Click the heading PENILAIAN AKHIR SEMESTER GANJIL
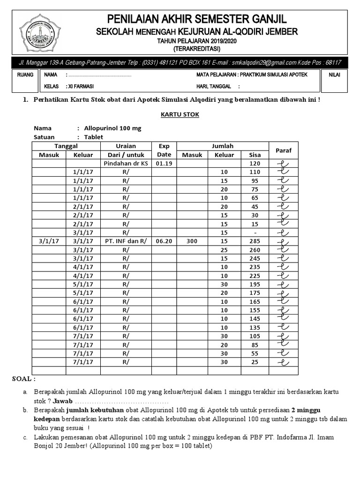(x=197, y=19)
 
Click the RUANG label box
(x=25, y=75)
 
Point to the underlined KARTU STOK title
(x=174, y=114)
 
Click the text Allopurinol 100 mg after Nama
(x=112, y=128)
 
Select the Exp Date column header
(x=164, y=150)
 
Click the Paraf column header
(x=283, y=150)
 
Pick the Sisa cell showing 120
(x=255, y=164)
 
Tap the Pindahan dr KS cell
(x=125, y=164)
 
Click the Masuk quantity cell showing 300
(x=192, y=241)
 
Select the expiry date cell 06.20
(x=164, y=241)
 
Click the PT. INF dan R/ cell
(x=125, y=241)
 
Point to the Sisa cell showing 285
(x=255, y=241)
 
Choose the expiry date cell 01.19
(x=164, y=164)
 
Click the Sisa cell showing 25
(x=255, y=362)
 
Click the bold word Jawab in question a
(x=62, y=402)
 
